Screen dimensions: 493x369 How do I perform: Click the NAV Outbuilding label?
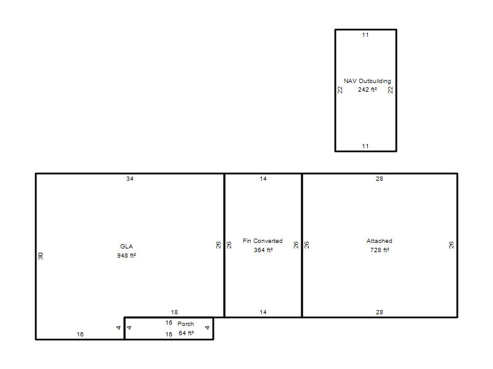pos(367,81)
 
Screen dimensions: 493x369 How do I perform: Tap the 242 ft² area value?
pos(367,90)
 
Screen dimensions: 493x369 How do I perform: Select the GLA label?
pos(126,247)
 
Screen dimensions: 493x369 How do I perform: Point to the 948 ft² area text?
pos(126,256)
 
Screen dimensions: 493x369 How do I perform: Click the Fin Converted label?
pos(263,241)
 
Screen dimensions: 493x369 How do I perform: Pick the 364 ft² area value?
pos(263,250)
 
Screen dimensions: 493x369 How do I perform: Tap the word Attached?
pos(380,241)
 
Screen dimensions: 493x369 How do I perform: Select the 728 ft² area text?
pos(380,250)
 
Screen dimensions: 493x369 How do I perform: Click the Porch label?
pos(185,324)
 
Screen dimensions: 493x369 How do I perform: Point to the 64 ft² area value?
pos(186,333)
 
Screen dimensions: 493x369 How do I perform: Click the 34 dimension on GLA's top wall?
pos(130,179)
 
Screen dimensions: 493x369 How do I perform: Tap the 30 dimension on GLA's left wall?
pos(41,256)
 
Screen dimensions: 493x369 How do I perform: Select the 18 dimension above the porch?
pos(174,312)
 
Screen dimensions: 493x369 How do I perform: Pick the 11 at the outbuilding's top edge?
pos(365,35)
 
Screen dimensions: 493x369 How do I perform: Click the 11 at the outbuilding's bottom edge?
pos(365,146)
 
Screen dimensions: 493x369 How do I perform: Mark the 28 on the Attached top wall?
pos(380,179)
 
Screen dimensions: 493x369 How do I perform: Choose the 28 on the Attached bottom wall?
pos(380,312)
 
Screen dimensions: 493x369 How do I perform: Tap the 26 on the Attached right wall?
pos(451,245)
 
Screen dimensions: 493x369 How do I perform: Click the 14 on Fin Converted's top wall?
pos(263,179)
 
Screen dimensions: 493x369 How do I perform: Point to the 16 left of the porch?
pos(80,335)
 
